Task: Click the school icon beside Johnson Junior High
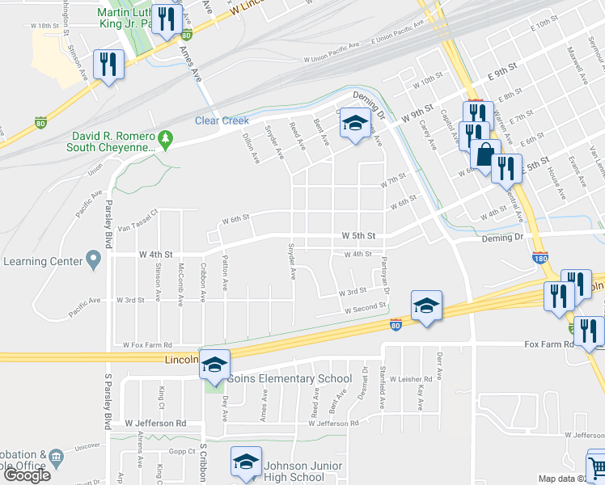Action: click(x=247, y=462)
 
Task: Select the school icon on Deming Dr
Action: click(x=353, y=123)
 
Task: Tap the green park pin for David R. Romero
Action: click(x=166, y=140)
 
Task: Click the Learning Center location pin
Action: click(x=93, y=261)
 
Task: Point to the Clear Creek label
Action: click(x=222, y=120)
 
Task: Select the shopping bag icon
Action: click(x=485, y=154)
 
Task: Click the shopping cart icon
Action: click(x=596, y=467)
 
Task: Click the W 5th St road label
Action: click(x=359, y=235)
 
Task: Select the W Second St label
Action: click(x=365, y=309)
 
